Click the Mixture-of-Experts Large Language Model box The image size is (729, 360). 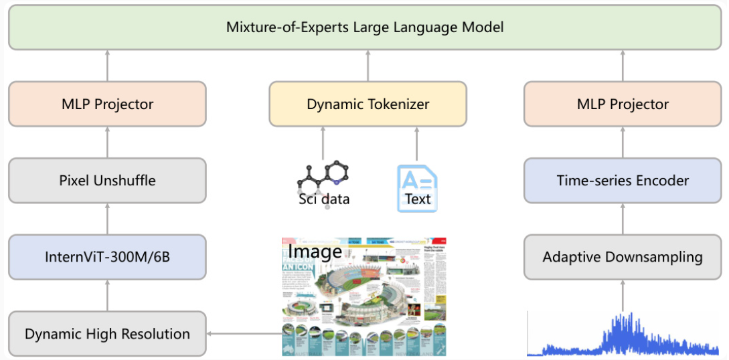click(x=364, y=27)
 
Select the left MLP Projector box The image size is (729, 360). click(x=107, y=104)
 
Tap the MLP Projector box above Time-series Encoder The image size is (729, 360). click(x=623, y=104)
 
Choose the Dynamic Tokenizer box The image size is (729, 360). click(x=368, y=104)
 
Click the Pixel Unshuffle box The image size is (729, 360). click(x=107, y=180)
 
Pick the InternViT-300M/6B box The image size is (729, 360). click(x=107, y=256)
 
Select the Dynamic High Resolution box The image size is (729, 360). click(x=107, y=333)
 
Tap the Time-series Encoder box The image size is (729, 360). click(x=623, y=180)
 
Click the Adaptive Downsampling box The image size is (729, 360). click(x=623, y=256)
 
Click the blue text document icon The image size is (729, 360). click(x=416, y=187)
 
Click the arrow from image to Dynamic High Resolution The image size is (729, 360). click(x=244, y=333)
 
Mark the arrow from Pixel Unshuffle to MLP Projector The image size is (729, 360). click(x=107, y=142)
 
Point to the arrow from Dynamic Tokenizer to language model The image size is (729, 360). click(x=368, y=66)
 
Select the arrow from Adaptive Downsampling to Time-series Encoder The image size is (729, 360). click(x=623, y=219)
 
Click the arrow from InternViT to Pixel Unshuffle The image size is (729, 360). click(x=107, y=219)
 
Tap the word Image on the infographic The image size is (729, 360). click(x=315, y=252)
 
